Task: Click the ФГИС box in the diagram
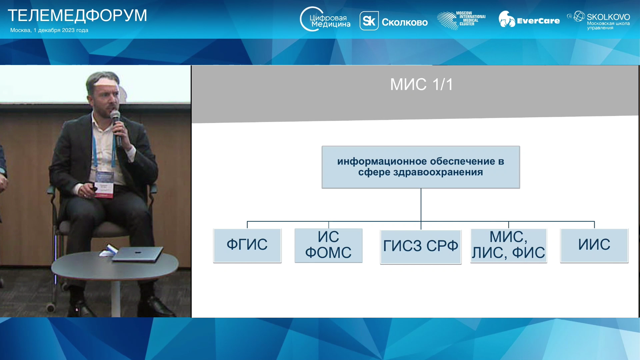247,245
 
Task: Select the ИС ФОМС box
328,245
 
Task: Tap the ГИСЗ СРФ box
421,247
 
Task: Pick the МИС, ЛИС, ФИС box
509,245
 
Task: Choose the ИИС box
594,245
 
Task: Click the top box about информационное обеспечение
421,167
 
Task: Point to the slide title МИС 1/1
422,84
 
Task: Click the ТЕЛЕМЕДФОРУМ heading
77,16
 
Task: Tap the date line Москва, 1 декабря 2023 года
49,30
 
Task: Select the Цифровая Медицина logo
325,19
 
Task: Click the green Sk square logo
369,21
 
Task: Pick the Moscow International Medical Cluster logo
461,20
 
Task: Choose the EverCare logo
529,20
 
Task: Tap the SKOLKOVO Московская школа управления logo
599,20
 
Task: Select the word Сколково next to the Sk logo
405,22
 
